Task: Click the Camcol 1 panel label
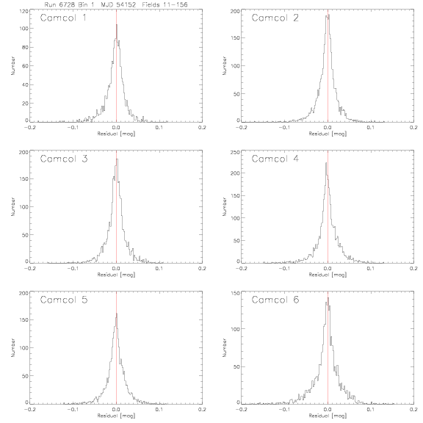(x=63, y=18)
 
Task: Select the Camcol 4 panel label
(x=275, y=159)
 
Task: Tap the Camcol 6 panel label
(x=275, y=300)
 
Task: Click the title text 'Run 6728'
(x=59, y=4)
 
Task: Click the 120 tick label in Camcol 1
(x=23, y=11)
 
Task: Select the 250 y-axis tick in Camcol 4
(x=235, y=153)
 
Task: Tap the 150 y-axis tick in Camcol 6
(x=236, y=293)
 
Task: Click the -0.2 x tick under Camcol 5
(x=29, y=409)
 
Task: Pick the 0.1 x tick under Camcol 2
(x=371, y=127)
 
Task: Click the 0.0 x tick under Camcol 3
(x=116, y=269)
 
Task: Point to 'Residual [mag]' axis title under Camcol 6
(x=328, y=416)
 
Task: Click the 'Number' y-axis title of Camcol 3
(x=12, y=206)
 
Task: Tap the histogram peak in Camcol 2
(x=328, y=15)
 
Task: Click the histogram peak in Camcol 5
(x=117, y=314)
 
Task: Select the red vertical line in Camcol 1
(x=116, y=65)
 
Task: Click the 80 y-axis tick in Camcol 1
(x=25, y=47)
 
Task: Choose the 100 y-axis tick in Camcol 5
(x=23, y=348)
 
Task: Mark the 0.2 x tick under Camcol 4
(x=413, y=269)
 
